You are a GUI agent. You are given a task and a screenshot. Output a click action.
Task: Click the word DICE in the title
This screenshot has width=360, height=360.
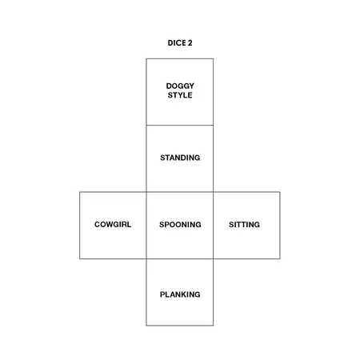[x=176, y=43]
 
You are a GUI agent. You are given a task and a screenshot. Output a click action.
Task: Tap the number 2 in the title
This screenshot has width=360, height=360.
[x=190, y=43]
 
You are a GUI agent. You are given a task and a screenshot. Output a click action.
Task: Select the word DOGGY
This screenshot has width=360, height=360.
[x=180, y=86]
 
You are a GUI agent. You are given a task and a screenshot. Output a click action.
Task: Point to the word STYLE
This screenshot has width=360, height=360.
[x=180, y=95]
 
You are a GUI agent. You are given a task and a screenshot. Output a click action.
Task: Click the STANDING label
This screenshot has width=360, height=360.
[x=180, y=158]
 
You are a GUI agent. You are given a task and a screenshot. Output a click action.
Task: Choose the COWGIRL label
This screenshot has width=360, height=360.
[x=113, y=224]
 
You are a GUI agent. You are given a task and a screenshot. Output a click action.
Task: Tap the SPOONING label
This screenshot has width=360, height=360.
[x=180, y=225]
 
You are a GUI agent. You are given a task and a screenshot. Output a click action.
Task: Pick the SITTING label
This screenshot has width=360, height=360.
[x=244, y=225]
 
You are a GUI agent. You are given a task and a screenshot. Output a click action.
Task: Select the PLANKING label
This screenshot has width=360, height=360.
[x=180, y=294]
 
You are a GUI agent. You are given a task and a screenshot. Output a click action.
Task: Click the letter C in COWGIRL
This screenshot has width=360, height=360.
[x=98, y=224]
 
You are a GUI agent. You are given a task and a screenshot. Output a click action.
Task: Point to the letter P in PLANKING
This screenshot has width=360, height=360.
[x=162, y=294]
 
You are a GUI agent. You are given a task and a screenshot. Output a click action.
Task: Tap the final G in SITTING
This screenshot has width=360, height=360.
[x=257, y=225]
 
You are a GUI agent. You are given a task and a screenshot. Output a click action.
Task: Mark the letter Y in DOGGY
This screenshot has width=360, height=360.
[x=191, y=86]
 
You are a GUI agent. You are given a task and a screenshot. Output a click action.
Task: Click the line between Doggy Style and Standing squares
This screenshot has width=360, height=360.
[x=180, y=125]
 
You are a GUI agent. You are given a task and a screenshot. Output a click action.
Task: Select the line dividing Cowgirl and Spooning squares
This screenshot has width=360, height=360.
[x=146, y=226]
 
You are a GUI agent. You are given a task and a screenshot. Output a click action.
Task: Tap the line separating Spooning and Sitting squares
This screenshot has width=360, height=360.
[x=214, y=226]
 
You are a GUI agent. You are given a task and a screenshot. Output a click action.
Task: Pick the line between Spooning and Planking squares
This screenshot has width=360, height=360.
[x=180, y=258]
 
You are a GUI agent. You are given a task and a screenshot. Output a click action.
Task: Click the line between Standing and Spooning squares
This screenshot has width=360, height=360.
[x=180, y=192]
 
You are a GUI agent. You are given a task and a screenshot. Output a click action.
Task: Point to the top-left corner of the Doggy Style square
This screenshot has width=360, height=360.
[x=146, y=58]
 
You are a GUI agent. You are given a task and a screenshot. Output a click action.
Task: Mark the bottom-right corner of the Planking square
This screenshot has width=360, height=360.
[x=214, y=326]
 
